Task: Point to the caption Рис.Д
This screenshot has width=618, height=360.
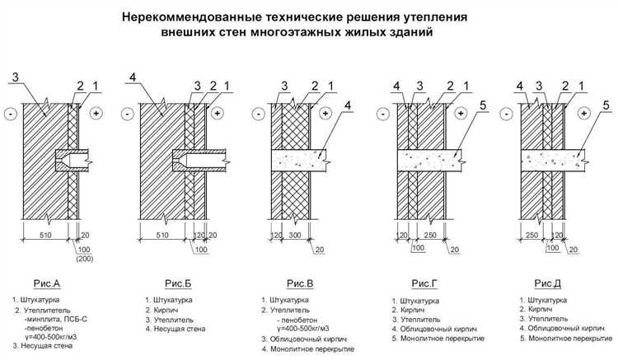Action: click(550, 283)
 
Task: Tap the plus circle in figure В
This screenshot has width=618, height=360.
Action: click(325, 112)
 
